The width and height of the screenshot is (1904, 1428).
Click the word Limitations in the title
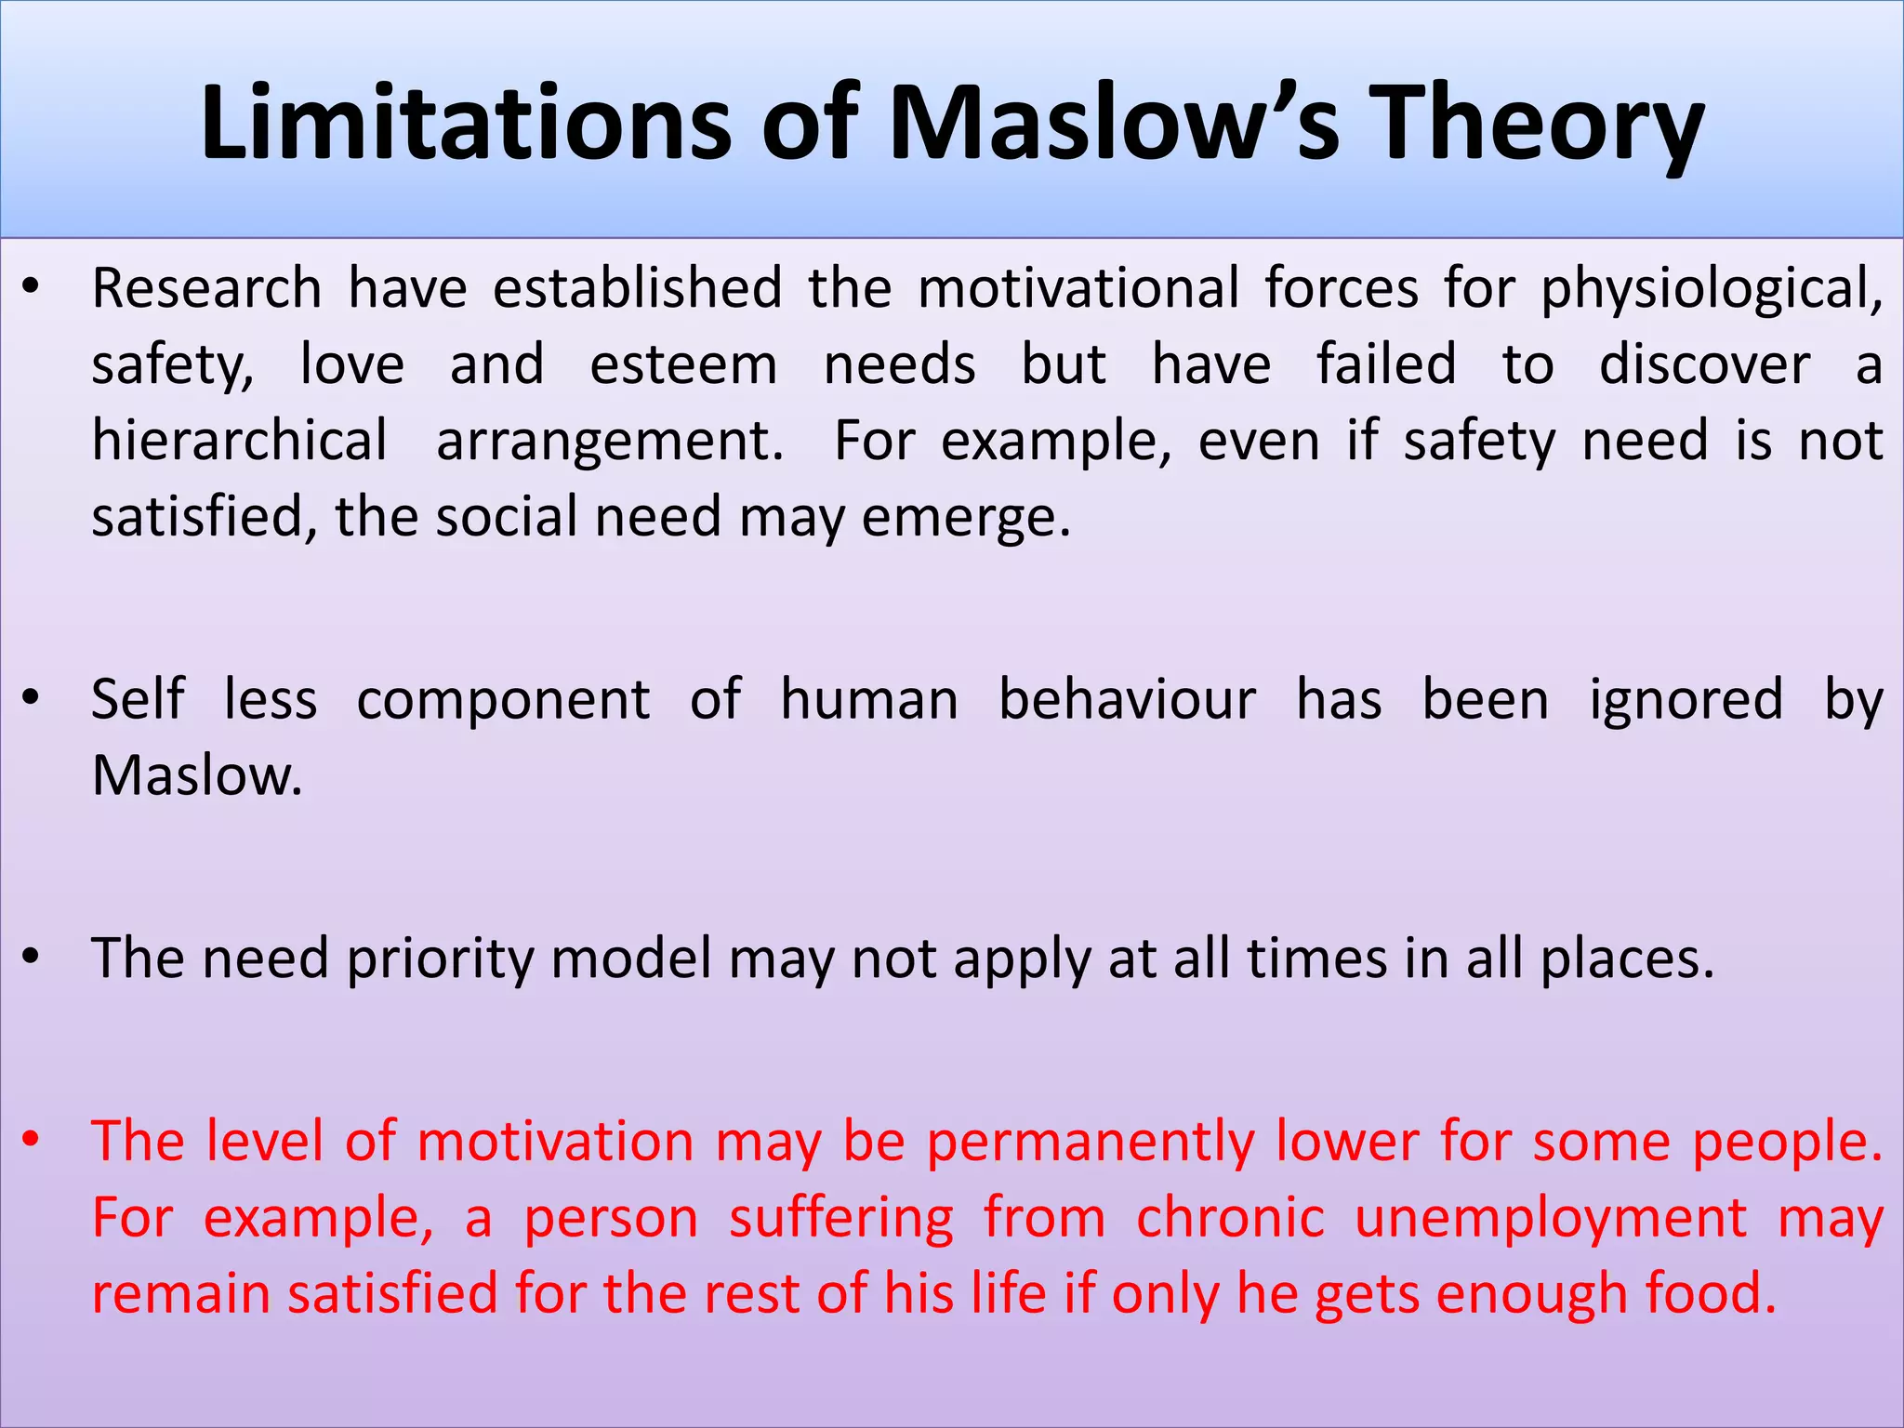click(466, 124)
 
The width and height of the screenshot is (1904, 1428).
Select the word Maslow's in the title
click(1112, 124)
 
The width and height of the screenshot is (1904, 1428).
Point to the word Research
click(206, 288)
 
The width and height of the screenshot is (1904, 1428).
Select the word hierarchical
click(239, 441)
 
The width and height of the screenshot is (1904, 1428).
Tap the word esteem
click(683, 364)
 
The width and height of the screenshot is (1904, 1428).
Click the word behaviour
click(1127, 699)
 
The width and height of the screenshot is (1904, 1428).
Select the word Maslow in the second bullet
click(197, 775)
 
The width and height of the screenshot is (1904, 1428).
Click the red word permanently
click(1091, 1142)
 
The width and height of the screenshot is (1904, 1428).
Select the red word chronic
click(1229, 1218)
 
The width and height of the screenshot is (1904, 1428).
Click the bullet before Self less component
click(32, 697)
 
